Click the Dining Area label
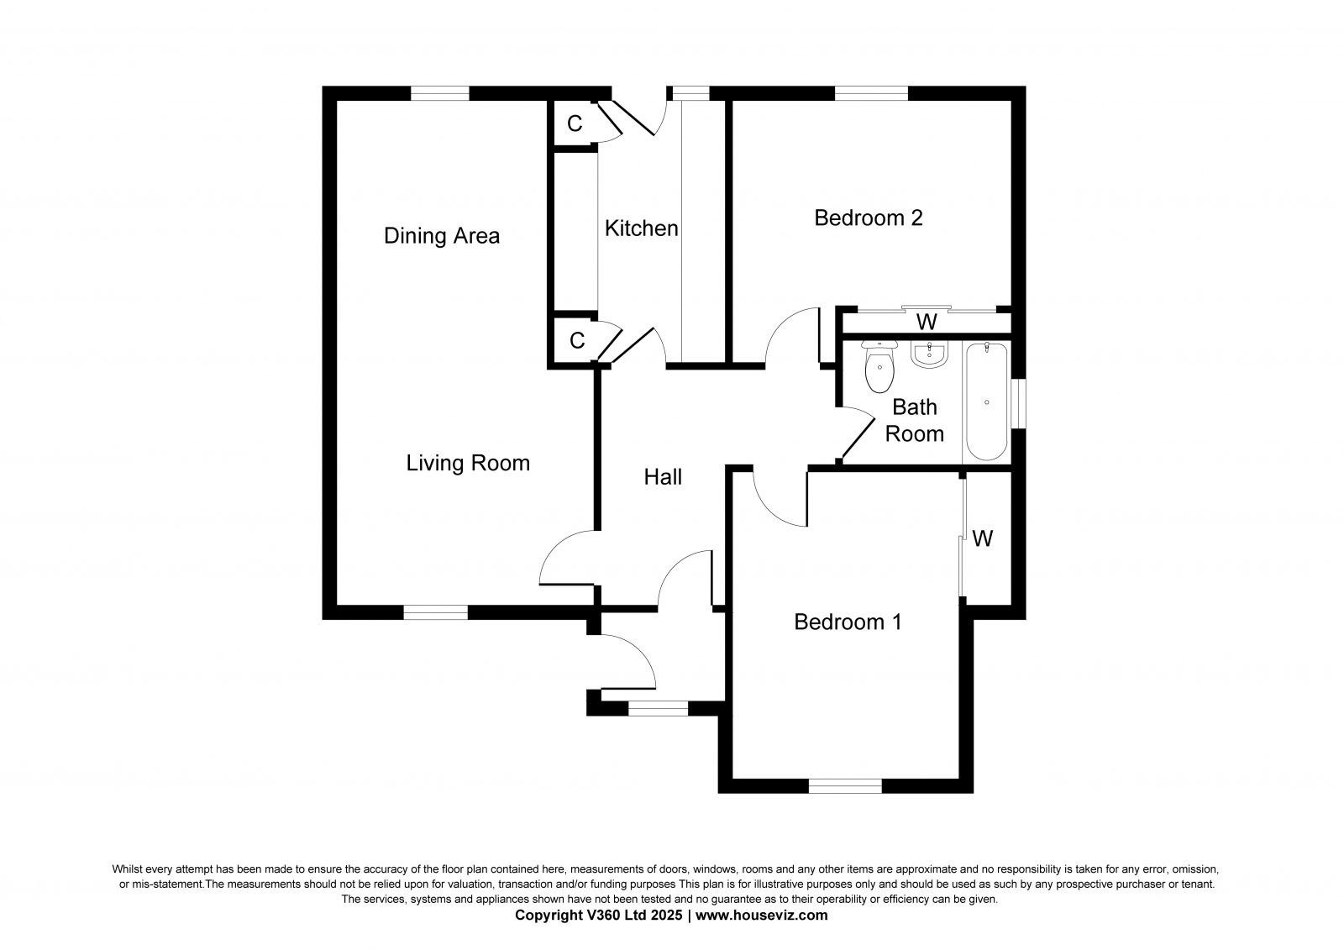442,236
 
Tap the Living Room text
468,464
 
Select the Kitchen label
642,228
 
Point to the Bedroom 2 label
869,218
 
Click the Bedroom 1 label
848,622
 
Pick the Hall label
663,477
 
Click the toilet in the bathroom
879,365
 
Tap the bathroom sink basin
929,354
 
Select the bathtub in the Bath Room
987,402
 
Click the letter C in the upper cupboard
575,123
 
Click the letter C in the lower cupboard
577,340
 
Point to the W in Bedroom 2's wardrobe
927,323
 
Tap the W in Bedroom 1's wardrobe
982,539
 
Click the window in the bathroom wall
1018,402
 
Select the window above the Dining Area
440,93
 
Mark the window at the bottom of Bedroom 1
845,785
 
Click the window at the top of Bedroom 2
871,93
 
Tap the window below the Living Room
436,612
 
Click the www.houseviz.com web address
761,916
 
